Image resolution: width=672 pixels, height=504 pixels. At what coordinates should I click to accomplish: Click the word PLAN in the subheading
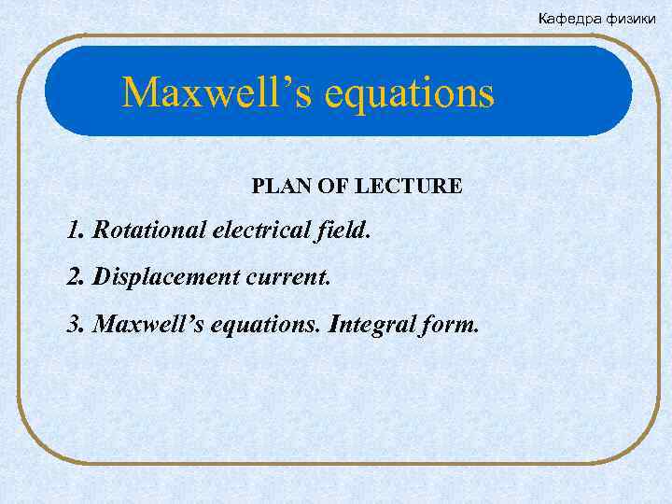pos(273,187)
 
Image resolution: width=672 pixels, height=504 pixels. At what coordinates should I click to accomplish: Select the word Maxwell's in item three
pos(142,325)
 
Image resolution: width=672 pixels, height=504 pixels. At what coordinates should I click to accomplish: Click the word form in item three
pos(449,325)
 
